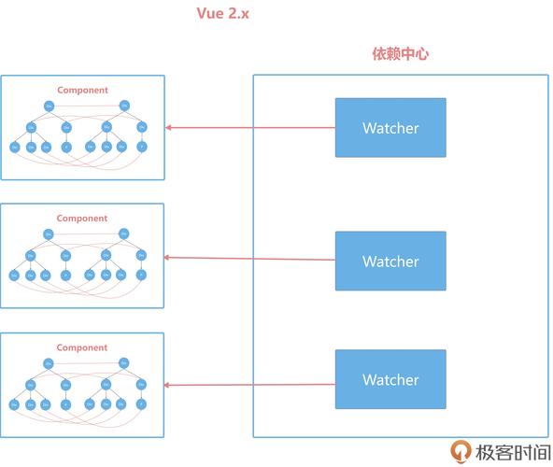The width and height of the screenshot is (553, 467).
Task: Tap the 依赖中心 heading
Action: (x=400, y=54)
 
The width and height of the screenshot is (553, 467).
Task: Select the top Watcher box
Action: (x=390, y=127)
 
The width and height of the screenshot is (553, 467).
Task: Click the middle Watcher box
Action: (x=390, y=261)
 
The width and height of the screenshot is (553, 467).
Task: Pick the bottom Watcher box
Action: (x=390, y=378)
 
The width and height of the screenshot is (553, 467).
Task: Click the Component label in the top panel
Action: (x=82, y=91)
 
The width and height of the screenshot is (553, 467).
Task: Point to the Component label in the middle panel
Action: (x=82, y=219)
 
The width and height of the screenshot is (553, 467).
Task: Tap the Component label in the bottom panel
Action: (x=82, y=347)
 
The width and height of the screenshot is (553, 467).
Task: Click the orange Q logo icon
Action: (x=461, y=451)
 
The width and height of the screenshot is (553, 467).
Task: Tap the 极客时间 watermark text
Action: (x=512, y=452)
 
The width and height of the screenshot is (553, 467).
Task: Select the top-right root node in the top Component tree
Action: (x=124, y=106)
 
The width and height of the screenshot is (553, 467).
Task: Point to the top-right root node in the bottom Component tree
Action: (x=124, y=362)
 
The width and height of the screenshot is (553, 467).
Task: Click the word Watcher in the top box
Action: (x=390, y=128)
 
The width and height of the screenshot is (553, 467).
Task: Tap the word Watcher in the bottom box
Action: (x=390, y=379)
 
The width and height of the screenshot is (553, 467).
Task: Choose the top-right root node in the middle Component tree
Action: (x=124, y=233)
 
